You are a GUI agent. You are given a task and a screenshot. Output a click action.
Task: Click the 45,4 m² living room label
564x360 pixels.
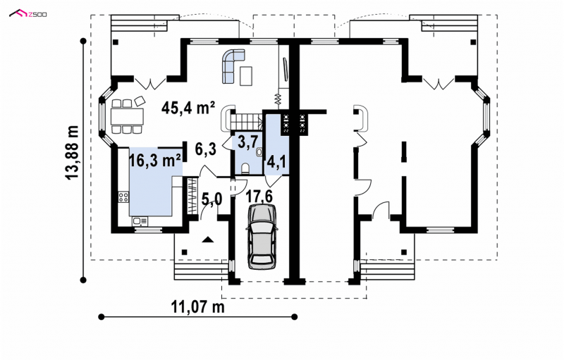[x=188, y=107]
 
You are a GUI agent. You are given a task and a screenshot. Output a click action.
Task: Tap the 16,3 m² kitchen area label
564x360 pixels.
[x=154, y=161]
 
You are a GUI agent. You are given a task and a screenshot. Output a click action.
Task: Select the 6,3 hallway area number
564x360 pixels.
[x=205, y=149]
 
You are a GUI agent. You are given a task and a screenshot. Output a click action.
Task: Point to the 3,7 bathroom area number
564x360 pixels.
[x=248, y=142]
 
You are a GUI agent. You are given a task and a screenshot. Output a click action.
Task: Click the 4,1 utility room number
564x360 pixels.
[x=276, y=163]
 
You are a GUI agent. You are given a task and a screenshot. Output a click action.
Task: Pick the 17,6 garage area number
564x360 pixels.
[x=259, y=197]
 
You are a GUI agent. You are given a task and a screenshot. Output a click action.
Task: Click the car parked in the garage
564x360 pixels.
[x=262, y=236]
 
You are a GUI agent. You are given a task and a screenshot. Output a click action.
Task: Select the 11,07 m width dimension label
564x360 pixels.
[x=197, y=307]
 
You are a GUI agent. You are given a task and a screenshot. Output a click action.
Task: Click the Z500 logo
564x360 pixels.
[x=28, y=14]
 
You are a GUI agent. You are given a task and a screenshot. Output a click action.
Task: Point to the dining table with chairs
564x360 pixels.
[x=127, y=116]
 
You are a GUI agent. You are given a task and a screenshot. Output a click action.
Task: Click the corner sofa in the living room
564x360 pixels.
[x=233, y=66]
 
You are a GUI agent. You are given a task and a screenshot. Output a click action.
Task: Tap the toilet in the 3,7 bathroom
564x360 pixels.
[x=245, y=168]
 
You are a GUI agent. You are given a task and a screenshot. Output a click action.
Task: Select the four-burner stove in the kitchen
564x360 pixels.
[x=123, y=197]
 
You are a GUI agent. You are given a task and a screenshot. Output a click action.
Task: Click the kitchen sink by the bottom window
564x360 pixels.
[x=140, y=222]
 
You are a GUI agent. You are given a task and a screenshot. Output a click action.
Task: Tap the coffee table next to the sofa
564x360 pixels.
[x=246, y=76]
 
